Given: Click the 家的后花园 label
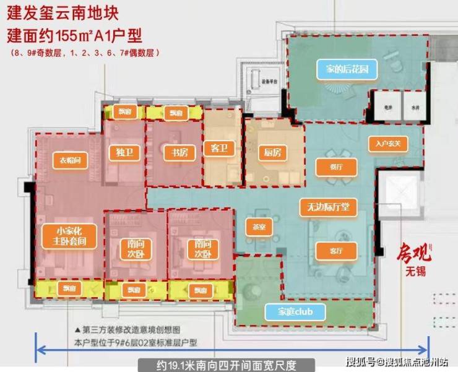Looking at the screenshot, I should click(347, 69).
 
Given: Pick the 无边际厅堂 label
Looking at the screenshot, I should click(328, 207).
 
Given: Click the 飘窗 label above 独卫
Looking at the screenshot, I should click(126, 113).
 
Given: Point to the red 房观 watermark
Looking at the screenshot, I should click(410, 253).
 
